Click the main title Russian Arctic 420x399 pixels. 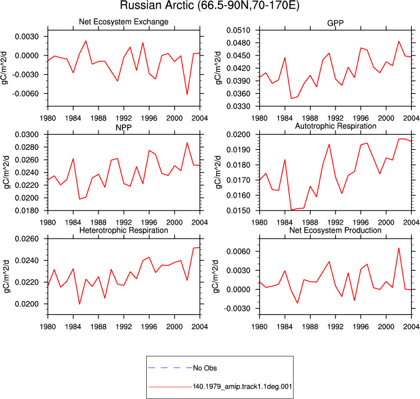(210, 5)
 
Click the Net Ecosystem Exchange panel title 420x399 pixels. (123, 22)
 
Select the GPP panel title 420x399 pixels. (336, 23)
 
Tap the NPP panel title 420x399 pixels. (123, 127)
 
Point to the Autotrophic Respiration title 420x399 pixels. (336, 126)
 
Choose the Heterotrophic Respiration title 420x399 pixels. (123, 230)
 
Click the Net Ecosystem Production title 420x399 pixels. (336, 230)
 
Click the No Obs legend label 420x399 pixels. (205, 368)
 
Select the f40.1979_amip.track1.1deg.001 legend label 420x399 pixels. (243, 387)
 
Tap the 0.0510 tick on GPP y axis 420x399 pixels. (238, 30)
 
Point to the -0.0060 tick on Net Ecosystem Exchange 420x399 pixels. (26, 94)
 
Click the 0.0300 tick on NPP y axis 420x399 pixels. (27, 135)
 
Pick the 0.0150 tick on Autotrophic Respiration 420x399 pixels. (238, 211)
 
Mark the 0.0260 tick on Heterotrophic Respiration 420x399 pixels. (27, 239)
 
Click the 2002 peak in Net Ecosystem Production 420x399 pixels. (399, 248)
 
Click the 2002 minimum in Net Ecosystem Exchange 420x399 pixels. (187, 94)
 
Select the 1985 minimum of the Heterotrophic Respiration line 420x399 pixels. (80, 304)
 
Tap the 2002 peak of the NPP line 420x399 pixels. (187, 143)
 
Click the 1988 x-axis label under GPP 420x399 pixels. (310, 118)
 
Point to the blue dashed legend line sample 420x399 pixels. (170, 368)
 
